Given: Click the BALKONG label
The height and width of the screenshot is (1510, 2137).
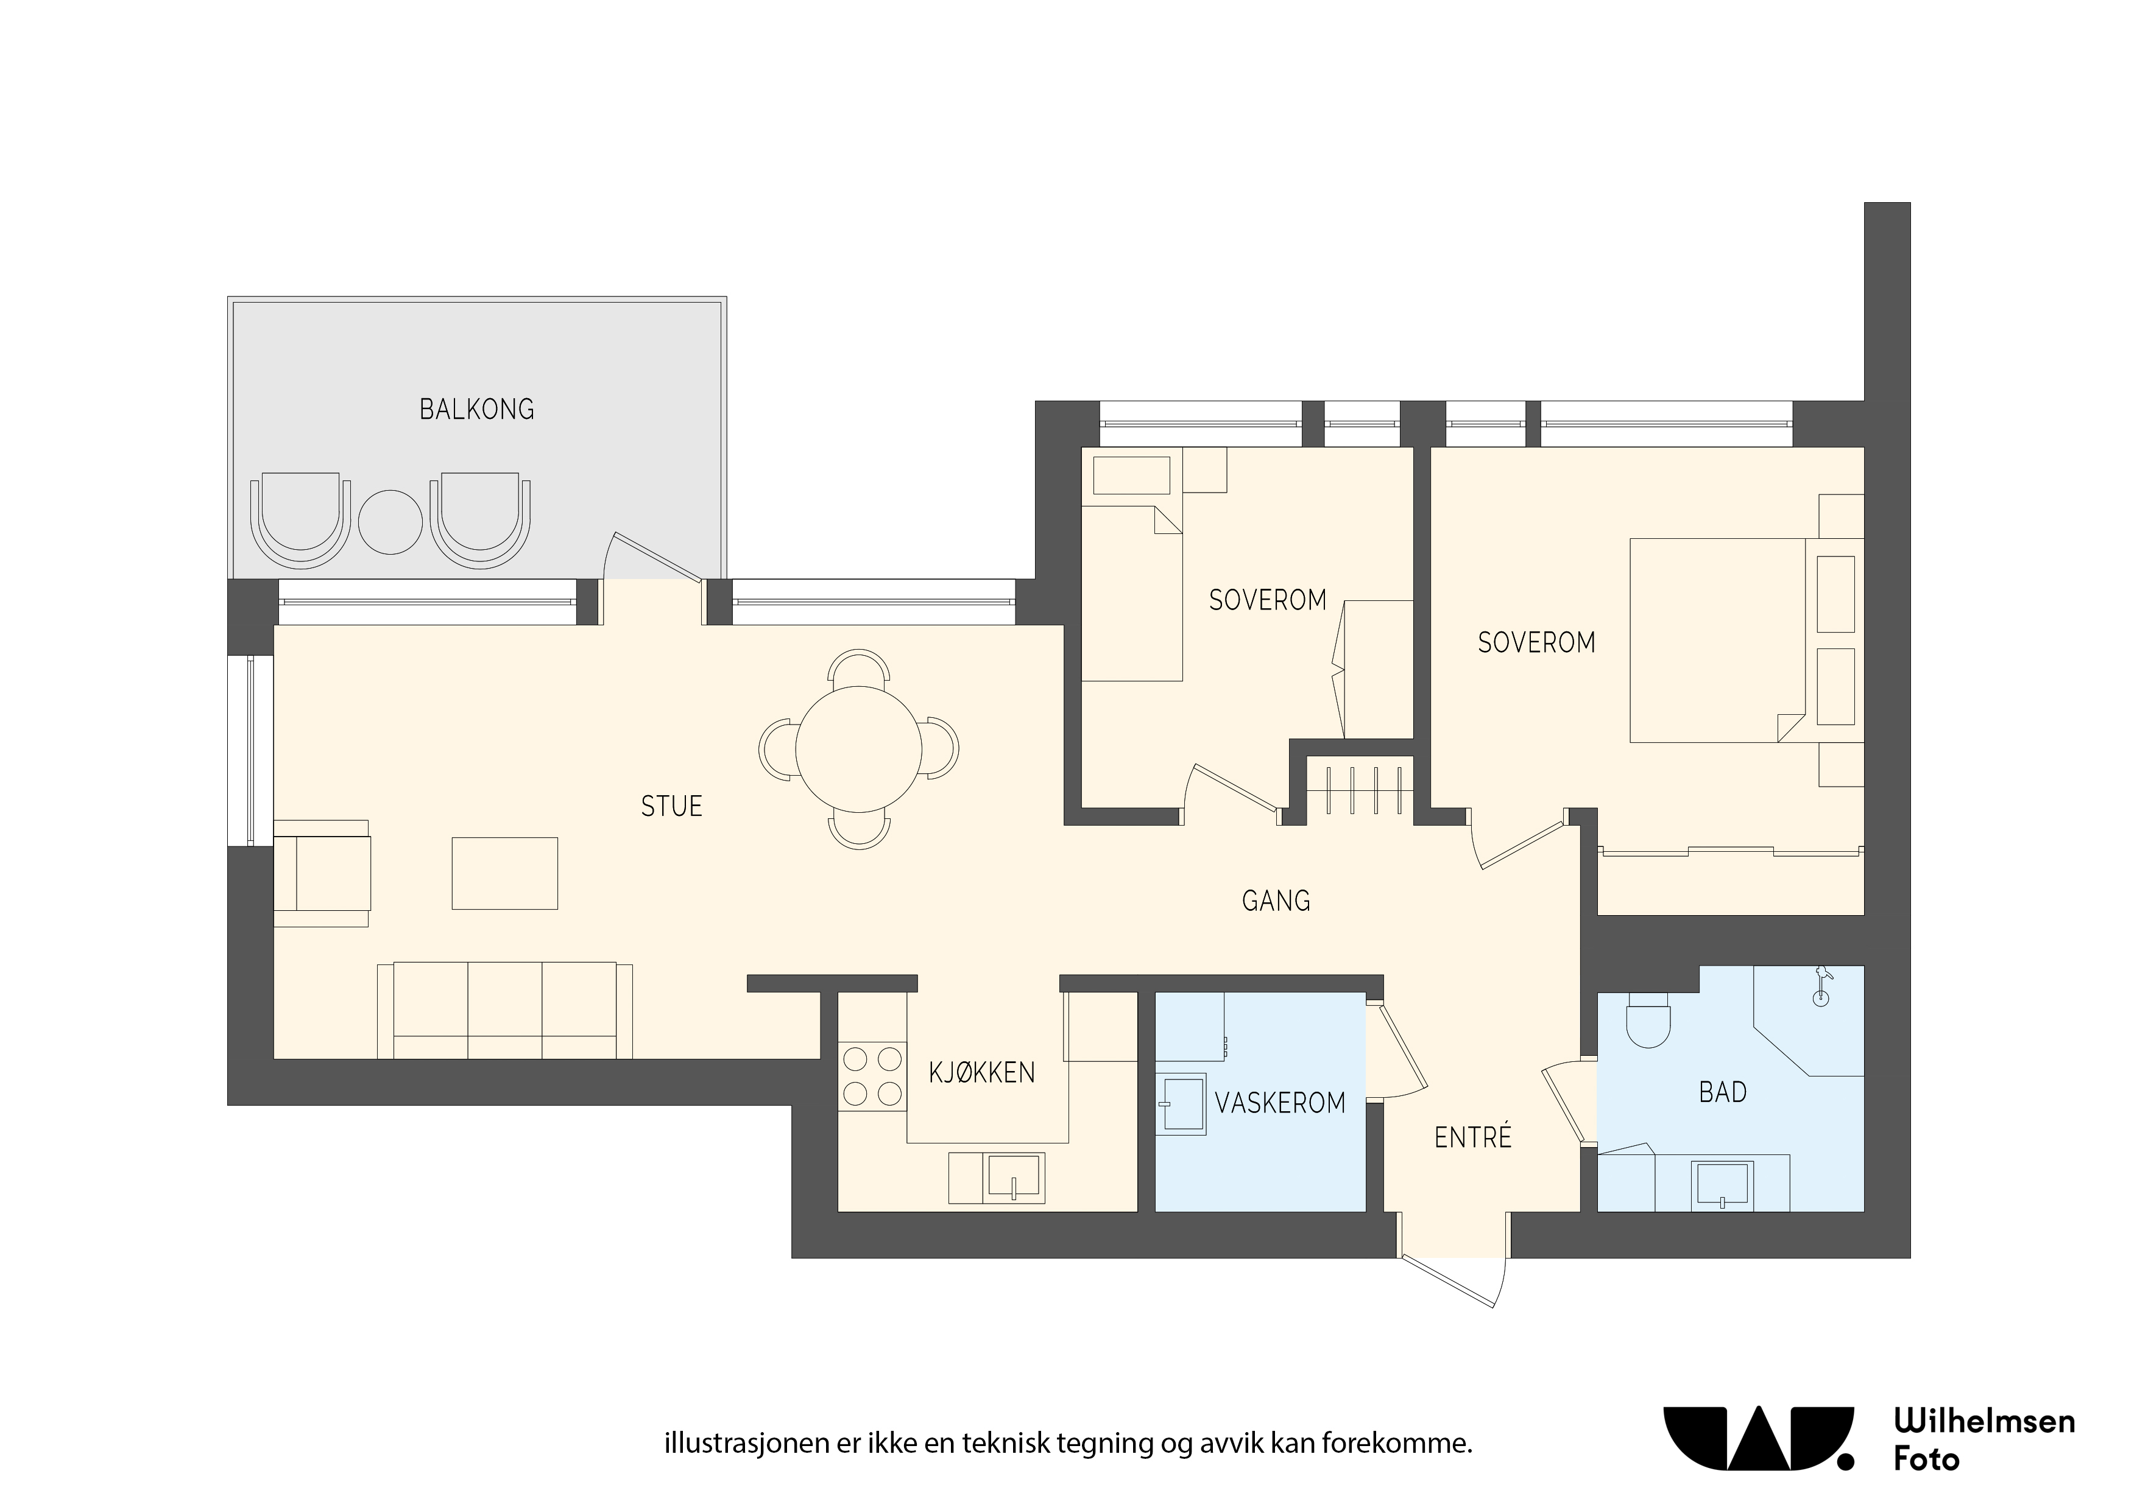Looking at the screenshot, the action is point(476,409).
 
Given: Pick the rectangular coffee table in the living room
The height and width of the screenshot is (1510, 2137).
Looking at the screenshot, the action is point(504,873).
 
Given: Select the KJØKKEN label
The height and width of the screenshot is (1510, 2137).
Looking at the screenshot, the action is point(982,1073).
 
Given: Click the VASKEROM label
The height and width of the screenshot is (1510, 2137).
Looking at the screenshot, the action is point(1280,1103).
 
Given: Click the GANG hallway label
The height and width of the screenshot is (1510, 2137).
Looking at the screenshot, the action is point(1276,901).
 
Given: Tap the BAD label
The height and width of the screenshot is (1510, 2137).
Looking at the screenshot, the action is point(1723,1092).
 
